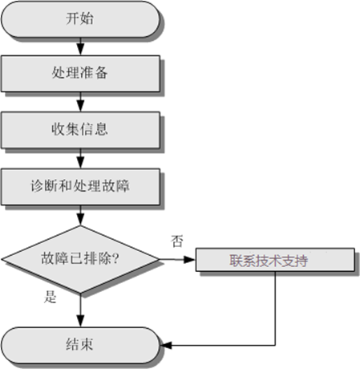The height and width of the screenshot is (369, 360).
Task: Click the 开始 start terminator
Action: click(x=80, y=19)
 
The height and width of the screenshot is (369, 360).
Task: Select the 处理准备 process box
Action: click(x=80, y=74)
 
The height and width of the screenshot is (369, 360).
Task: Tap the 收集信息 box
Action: click(x=80, y=130)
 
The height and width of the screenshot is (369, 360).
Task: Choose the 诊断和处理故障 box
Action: click(x=80, y=187)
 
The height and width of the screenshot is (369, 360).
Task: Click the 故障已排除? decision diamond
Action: click(x=80, y=259)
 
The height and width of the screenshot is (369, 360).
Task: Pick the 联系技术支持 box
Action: click(x=275, y=260)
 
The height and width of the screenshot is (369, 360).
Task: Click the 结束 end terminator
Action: click(x=80, y=345)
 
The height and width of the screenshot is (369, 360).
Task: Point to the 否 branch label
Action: click(x=177, y=241)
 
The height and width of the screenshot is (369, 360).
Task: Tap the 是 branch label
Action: click(x=51, y=297)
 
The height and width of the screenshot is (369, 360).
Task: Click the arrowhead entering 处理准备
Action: click(x=80, y=50)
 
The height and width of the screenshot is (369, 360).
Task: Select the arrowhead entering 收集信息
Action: click(x=80, y=106)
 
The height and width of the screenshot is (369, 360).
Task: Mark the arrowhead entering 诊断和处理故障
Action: click(x=80, y=163)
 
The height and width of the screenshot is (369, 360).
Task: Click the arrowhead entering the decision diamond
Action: click(x=80, y=220)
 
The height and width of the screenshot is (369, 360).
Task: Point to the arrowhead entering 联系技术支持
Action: click(x=190, y=259)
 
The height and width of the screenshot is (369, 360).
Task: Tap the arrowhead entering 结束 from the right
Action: click(x=166, y=345)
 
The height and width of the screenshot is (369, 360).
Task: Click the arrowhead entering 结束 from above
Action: click(x=80, y=321)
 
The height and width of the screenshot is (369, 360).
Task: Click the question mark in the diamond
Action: click(x=115, y=258)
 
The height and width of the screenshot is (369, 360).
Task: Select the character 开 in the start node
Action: click(x=73, y=18)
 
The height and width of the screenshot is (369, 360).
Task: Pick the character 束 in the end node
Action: click(x=87, y=344)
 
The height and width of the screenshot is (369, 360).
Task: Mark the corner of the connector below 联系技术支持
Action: click(x=275, y=345)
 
